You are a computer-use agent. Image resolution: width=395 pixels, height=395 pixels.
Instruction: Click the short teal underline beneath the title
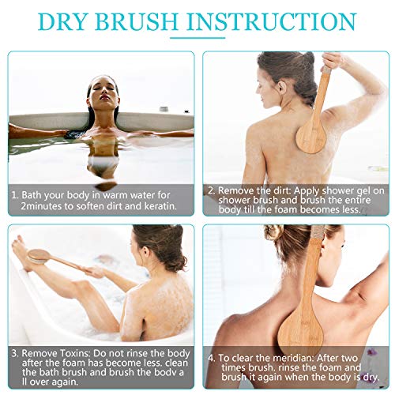coord(197,38)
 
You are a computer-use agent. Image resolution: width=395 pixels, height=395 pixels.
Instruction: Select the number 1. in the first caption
coord(15,195)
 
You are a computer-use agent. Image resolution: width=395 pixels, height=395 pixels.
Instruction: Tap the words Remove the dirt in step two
coord(254,190)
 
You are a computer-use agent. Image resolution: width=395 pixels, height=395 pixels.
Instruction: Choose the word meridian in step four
coord(293,358)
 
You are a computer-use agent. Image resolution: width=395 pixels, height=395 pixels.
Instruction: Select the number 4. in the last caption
coord(212,358)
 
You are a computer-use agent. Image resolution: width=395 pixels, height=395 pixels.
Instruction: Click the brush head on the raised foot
coord(39,256)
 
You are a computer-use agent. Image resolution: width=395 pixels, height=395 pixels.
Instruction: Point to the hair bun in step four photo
coord(274,233)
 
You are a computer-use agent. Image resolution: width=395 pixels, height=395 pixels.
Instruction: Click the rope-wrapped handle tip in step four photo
coord(317,231)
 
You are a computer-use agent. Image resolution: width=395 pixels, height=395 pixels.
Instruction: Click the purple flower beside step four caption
coord(371,353)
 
